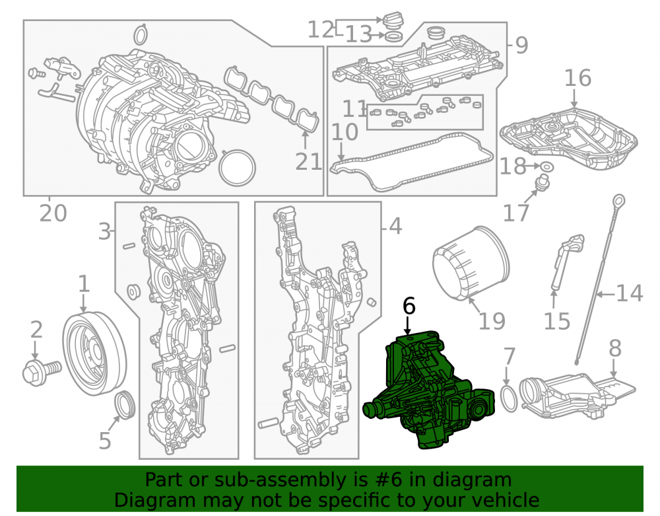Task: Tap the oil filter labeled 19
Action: [x=471, y=263]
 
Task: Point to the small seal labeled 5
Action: [x=125, y=405]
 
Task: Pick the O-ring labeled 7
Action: [x=510, y=398]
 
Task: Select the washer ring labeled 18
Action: [x=546, y=166]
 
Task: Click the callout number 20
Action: [x=53, y=213]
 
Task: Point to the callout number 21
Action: [x=308, y=161]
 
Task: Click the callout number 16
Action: [x=577, y=78]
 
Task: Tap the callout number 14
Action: [x=630, y=293]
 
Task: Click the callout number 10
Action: [x=345, y=132]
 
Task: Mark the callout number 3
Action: [x=104, y=231]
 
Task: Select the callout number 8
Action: [x=615, y=348]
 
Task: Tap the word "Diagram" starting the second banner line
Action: [x=154, y=500]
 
